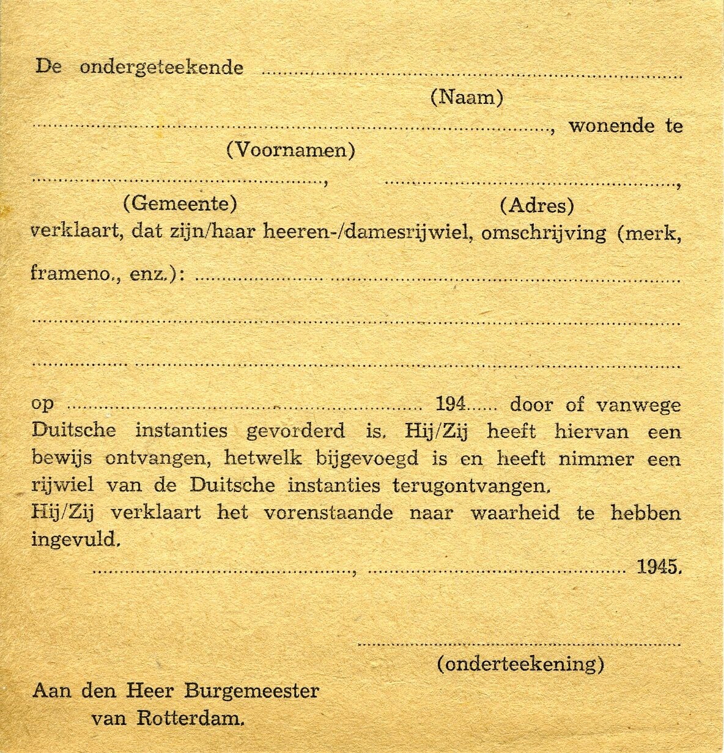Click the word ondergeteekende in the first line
[x=161, y=67]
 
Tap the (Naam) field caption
[x=467, y=97]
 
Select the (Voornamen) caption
[x=290, y=150]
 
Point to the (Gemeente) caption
[x=180, y=203]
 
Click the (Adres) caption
[x=536, y=205]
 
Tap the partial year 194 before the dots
[x=451, y=404]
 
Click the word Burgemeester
[x=251, y=691]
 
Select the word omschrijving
[x=544, y=233]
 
